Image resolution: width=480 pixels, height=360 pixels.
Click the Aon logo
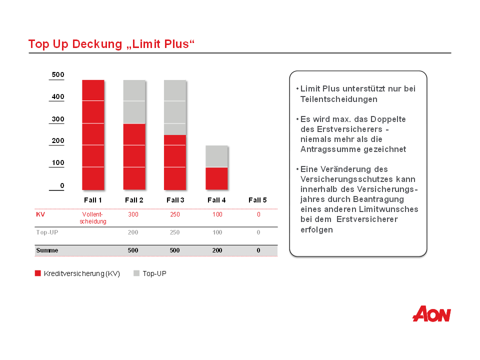[x=431, y=314]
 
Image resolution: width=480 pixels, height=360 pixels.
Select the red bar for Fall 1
[x=93, y=135]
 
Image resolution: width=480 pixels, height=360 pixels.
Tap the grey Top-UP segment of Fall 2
[x=134, y=102]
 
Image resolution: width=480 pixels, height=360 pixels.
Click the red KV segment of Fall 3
[x=175, y=162]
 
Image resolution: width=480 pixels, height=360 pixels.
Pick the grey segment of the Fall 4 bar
[x=216, y=156]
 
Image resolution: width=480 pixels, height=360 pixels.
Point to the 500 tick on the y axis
[x=58, y=74]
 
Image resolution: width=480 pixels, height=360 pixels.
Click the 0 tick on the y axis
[x=62, y=185]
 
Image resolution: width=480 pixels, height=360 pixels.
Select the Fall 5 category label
[x=257, y=200]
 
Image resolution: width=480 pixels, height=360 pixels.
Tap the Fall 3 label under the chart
[x=175, y=200]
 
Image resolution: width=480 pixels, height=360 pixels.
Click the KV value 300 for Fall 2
[x=133, y=214]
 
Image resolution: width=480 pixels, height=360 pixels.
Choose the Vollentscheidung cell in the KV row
[x=93, y=217]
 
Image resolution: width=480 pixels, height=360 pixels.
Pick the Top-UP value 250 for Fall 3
[x=175, y=232]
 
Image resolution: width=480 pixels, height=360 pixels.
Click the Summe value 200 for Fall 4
[x=217, y=250]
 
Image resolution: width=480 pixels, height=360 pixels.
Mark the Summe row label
[x=47, y=250]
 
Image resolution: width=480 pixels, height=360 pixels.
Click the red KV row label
[x=40, y=214]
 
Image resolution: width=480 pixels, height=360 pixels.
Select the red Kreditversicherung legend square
[x=38, y=273]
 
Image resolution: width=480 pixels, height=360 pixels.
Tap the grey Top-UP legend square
[x=136, y=273]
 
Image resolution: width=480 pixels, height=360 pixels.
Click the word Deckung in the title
[x=97, y=44]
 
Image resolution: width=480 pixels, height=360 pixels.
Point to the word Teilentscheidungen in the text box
[x=339, y=99]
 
